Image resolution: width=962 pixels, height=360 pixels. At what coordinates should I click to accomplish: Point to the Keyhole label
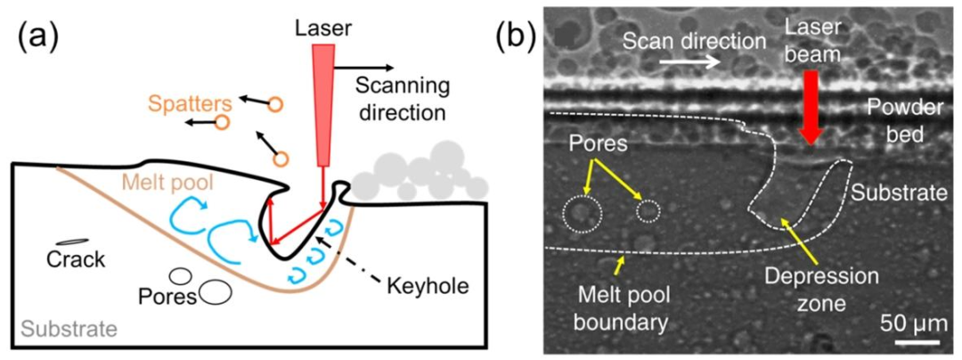click(423, 285)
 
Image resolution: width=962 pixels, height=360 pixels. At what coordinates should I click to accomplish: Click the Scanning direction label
click(402, 99)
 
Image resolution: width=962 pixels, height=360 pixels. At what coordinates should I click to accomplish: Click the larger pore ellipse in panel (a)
click(215, 292)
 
